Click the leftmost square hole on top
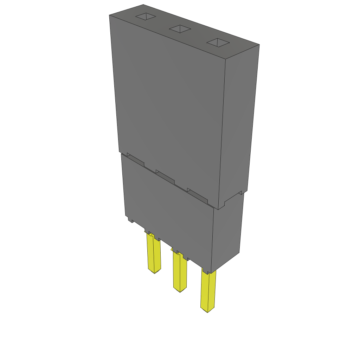pos(145,16)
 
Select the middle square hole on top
pos(180,29)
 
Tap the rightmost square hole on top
pos(218,43)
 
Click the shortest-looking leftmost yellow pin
pos(154,253)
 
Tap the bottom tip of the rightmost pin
pos(207,311)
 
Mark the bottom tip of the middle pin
pos(180,290)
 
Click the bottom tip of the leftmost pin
pos(155,272)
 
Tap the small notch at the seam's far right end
pos(241,193)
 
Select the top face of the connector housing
pos(183,30)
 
